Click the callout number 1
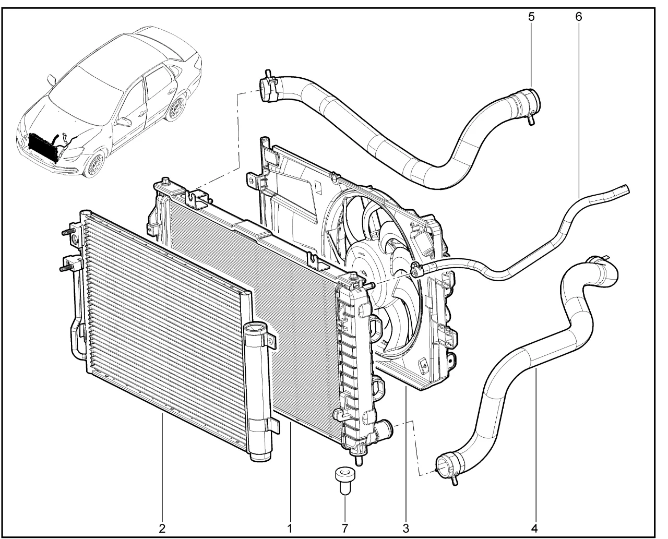coord(289,529)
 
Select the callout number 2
coord(162,529)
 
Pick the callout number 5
coord(531,17)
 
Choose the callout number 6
coord(578,17)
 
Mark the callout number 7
coord(344,529)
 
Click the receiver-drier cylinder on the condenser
coord(259,391)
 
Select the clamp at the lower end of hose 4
coord(449,465)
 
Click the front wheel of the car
coord(96,165)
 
